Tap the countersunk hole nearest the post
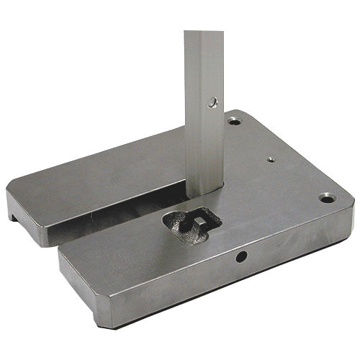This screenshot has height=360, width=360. pos(233,122)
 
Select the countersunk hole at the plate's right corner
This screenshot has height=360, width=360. pos(326,196)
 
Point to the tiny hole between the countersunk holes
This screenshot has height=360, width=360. pos(270,159)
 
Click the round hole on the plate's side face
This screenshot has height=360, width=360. pos(240,256)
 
